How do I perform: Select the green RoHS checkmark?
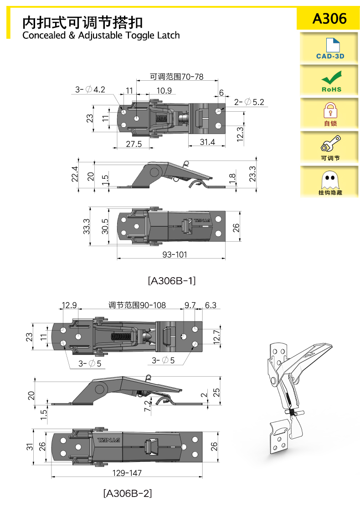pos(332,78)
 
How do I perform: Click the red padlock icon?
pos(330,110)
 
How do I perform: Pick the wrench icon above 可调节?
pos(330,143)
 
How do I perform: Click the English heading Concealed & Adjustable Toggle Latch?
pos(101,35)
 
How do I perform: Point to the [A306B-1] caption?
pos(172,281)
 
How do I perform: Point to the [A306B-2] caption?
pos(128,493)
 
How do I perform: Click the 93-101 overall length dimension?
pos(175,254)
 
